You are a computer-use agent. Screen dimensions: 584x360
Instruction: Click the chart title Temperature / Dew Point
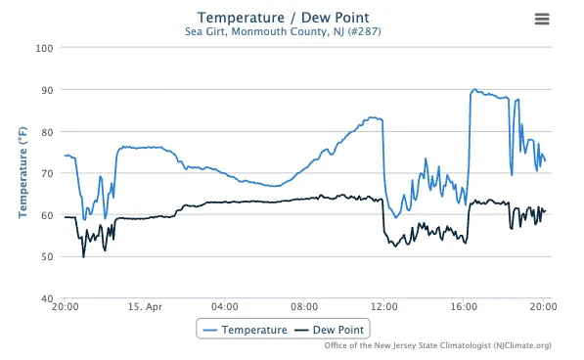pyautogui.click(x=283, y=18)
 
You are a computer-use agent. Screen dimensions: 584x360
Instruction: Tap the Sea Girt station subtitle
pyautogui.click(x=283, y=31)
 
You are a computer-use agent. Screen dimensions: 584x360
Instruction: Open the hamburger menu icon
pyautogui.click(x=542, y=19)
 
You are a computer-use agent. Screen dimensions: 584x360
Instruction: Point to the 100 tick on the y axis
pyautogui.click(x=44, y=48)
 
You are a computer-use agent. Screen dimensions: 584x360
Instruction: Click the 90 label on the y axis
pyautogui.click(x=47, y=90)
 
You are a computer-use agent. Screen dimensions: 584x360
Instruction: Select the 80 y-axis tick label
pyautogui.click(x=47, y=132)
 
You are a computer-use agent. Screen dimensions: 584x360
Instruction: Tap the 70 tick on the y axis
pyautogui.click(x=47, y=174)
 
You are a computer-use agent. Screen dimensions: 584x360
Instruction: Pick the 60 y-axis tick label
pyautogui.click(x=47, y=215)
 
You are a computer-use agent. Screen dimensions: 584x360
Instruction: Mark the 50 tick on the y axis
pyautogui.click(x=47, y=257)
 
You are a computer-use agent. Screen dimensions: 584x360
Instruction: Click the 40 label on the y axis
pyautogui.click(x=47, y=298)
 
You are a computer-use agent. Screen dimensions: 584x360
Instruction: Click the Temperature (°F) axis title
pyautogui.click(x=22, y=172)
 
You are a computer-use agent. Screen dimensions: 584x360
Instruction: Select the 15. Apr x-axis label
pyautogui.click(x=145, y=307)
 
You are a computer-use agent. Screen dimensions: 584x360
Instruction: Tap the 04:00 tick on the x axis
pyautogui.click(x=225, y=307)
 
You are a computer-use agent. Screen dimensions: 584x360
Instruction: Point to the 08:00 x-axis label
pyautogui.click(x=304, y=307)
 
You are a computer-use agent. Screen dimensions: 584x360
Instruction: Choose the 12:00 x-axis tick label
pyautogui.click(x=384, y=307)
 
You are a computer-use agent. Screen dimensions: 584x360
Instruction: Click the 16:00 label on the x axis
pyautogui.click(x=464, y=307)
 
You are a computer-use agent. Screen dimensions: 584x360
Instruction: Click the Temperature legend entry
pyautogui.click(x=245, y=330)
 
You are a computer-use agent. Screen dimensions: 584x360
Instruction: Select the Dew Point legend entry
pyautogui.click(x=329, y=330)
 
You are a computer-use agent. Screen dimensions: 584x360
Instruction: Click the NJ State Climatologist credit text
pyautogui.click(x=437, y=345)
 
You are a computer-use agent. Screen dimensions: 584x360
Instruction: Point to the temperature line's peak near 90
pyautogui.click(x=474, y=89)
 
